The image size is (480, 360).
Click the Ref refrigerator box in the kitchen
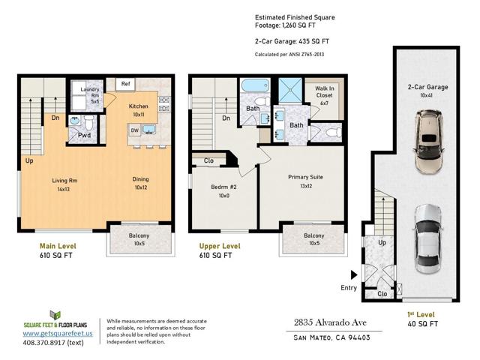125,85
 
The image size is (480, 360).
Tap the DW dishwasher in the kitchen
135,130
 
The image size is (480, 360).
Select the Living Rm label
64,181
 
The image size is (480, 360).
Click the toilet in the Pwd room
89,123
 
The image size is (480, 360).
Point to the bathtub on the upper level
255,85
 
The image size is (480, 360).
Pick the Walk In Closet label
325,91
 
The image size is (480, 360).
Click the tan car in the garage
429,142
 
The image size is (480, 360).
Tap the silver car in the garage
428,239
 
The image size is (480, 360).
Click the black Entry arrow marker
354,275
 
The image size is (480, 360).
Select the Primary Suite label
305,177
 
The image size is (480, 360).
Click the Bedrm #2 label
223,187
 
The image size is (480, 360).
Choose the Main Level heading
58,246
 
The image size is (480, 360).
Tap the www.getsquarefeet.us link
58,333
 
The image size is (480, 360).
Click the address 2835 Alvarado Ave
330,322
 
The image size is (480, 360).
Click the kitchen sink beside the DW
149,130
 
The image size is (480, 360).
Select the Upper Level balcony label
314,235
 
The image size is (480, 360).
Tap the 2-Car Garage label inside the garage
427,87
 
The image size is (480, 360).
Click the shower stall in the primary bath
290,90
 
